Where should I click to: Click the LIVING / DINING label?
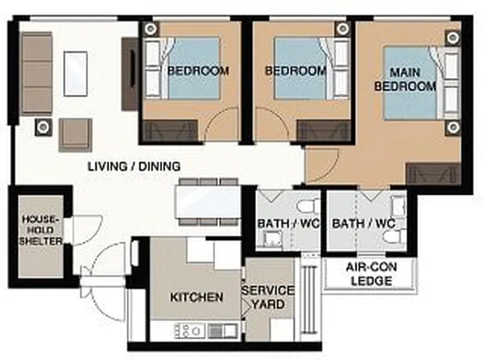tap(134, 166)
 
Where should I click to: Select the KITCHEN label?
tap(196, 297)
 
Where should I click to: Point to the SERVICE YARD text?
tap(268, 297)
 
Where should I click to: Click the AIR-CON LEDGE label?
tap(371, 274)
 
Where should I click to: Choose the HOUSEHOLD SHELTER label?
tap(42, 230)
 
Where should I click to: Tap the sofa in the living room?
tap(37, 73)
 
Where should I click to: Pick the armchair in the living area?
tap(75, 135)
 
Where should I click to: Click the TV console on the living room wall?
tap(130, 74)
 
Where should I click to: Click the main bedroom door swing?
tap(321, 165)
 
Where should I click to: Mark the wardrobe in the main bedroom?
tap(433, 174)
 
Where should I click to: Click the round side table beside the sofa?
tap(43, 126)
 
